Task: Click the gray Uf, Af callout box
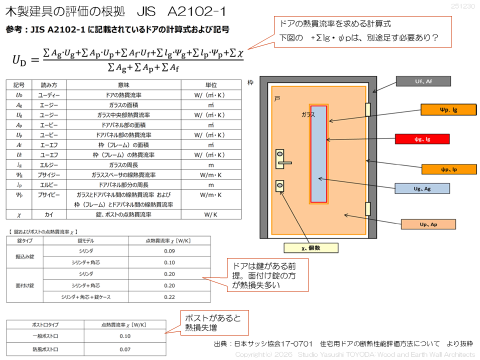423,81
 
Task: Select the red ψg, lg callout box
422,139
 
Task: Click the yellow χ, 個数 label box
310,247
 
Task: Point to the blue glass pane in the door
319,154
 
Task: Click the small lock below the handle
280,186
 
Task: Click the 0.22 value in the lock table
169,296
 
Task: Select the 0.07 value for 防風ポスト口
125,348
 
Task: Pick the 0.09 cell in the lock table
169,250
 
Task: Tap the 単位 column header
210,85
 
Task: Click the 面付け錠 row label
25,285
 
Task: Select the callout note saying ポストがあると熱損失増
214,322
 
